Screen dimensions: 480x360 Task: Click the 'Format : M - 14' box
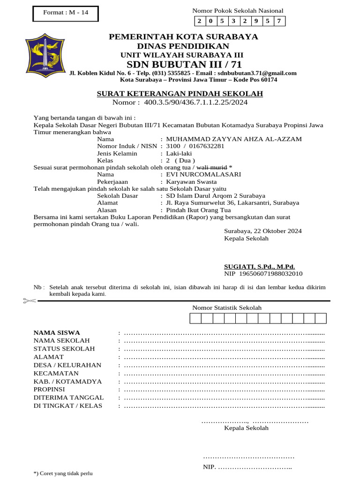click(66, 13)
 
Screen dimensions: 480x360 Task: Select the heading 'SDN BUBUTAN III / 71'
click(184, 64)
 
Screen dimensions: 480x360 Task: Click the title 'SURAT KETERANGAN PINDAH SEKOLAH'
click(180, 94)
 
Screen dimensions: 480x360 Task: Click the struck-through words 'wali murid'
click(211, 167)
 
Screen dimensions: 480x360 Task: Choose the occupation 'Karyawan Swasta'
click(191, 181)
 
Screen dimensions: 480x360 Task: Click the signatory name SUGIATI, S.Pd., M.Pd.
click(259, 266)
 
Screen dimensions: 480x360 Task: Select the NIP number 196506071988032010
click(271, 273)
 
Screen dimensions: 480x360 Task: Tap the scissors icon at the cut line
click(29, 300)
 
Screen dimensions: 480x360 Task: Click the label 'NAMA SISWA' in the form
click(57, 332)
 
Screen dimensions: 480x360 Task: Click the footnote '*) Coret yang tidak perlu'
click(63, 473)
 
